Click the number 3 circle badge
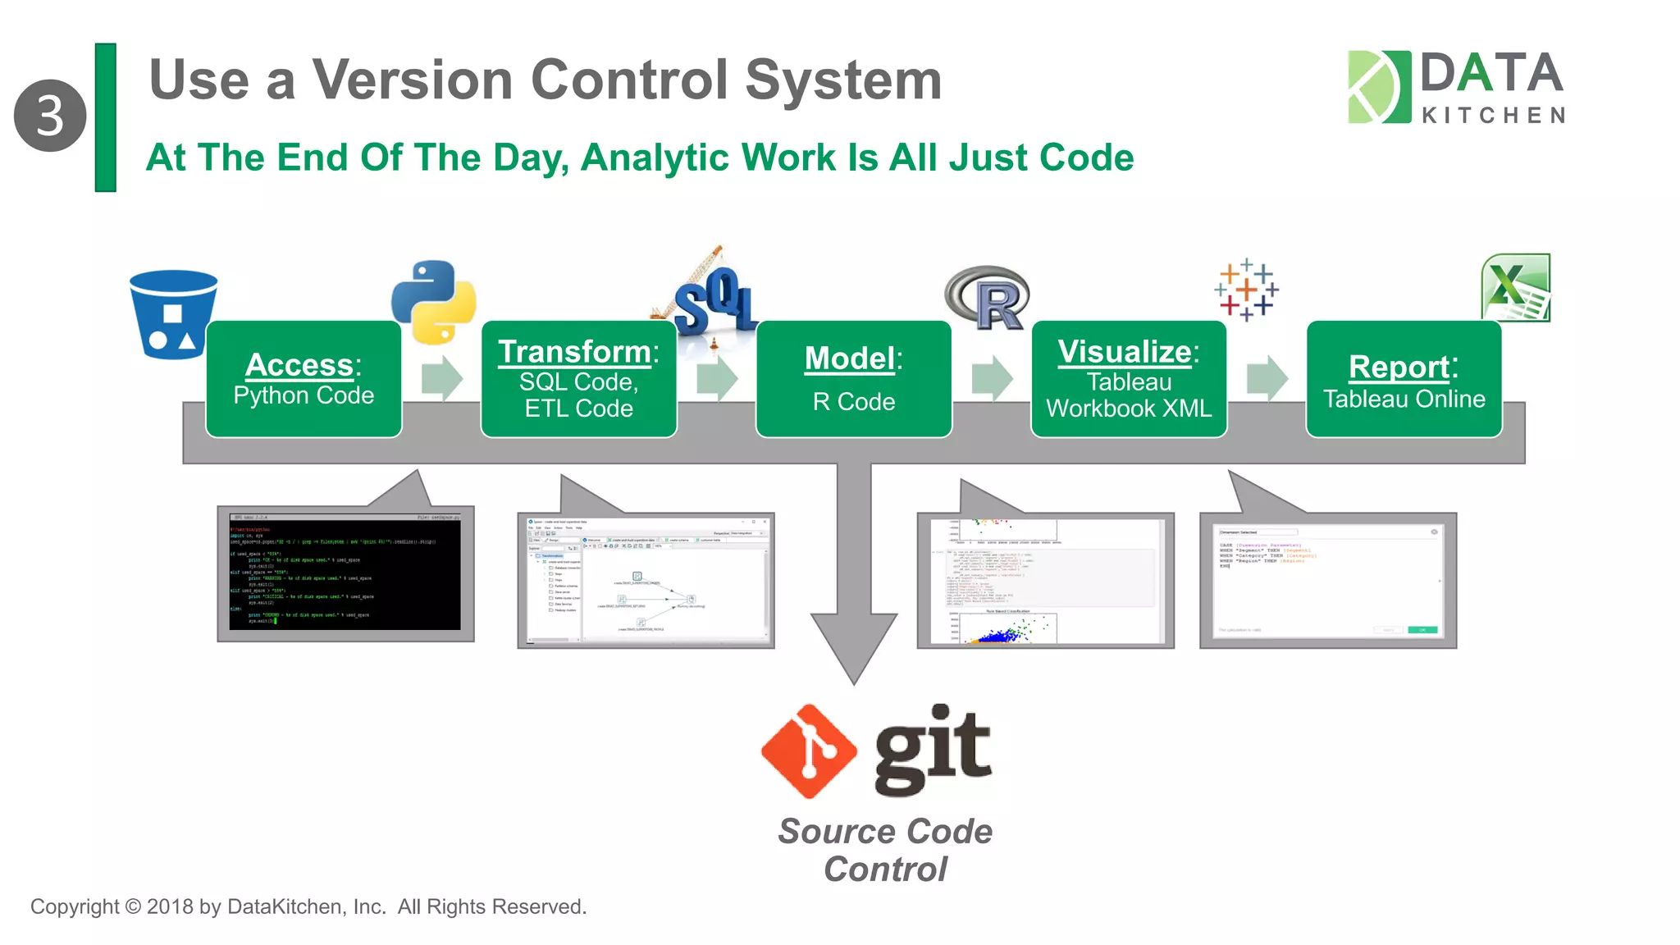50,116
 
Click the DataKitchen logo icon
1378,87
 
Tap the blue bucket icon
173,314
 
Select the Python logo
434,301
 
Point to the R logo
988,298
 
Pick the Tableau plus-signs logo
1246,290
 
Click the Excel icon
1516,287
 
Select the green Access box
304,379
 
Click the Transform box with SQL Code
578,379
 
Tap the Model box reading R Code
853,379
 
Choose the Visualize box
1128,379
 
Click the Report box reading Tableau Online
1404,379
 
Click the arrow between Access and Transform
441,379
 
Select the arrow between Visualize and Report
1267,379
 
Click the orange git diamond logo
809,751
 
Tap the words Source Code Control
885,850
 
